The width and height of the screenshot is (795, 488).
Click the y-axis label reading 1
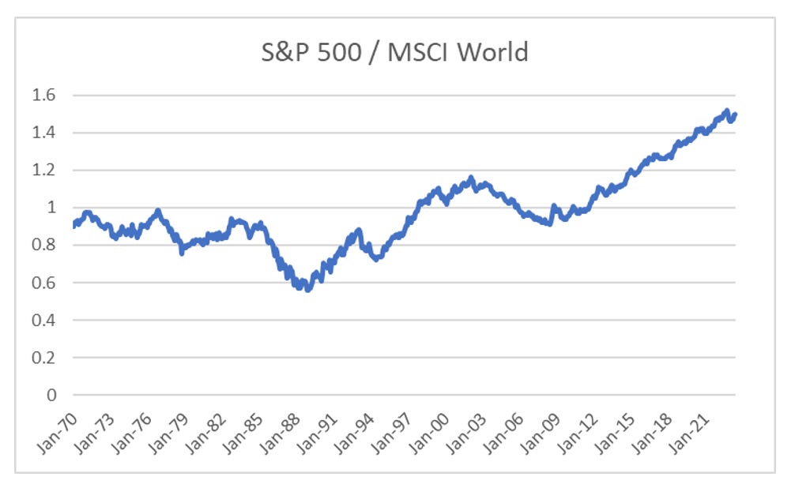click(54, 208)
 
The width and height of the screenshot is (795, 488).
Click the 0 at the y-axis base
click(54, 395)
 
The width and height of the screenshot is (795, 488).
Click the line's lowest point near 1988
click(307, 289)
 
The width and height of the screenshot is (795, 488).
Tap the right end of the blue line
click(735, 114)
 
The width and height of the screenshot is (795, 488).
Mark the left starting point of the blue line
click(73, 226)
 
